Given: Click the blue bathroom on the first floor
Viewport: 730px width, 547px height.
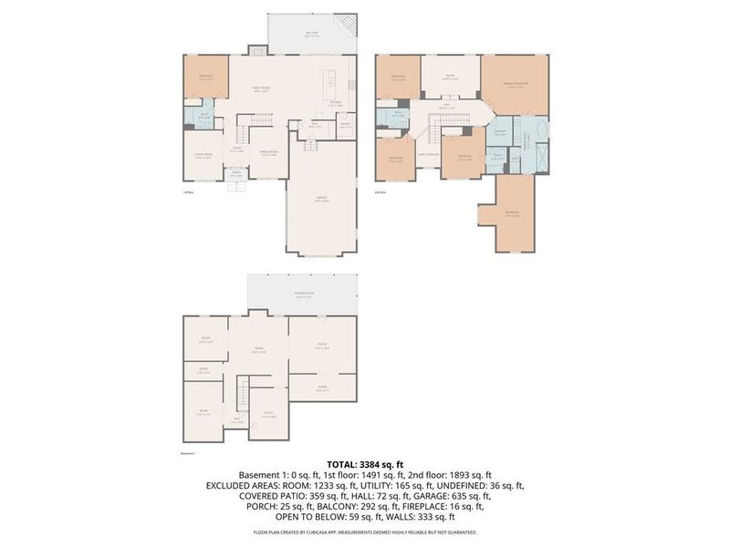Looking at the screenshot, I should [x=203, y=117].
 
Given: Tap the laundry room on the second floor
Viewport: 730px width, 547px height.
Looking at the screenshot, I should [x=500, y=134].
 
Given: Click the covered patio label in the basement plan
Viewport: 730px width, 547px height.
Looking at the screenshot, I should [x=304, y=294].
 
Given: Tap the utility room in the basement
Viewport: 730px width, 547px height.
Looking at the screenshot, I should [x=266, y=415].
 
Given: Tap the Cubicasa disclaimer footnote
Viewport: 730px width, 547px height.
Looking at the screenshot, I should [x=365, y=531].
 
